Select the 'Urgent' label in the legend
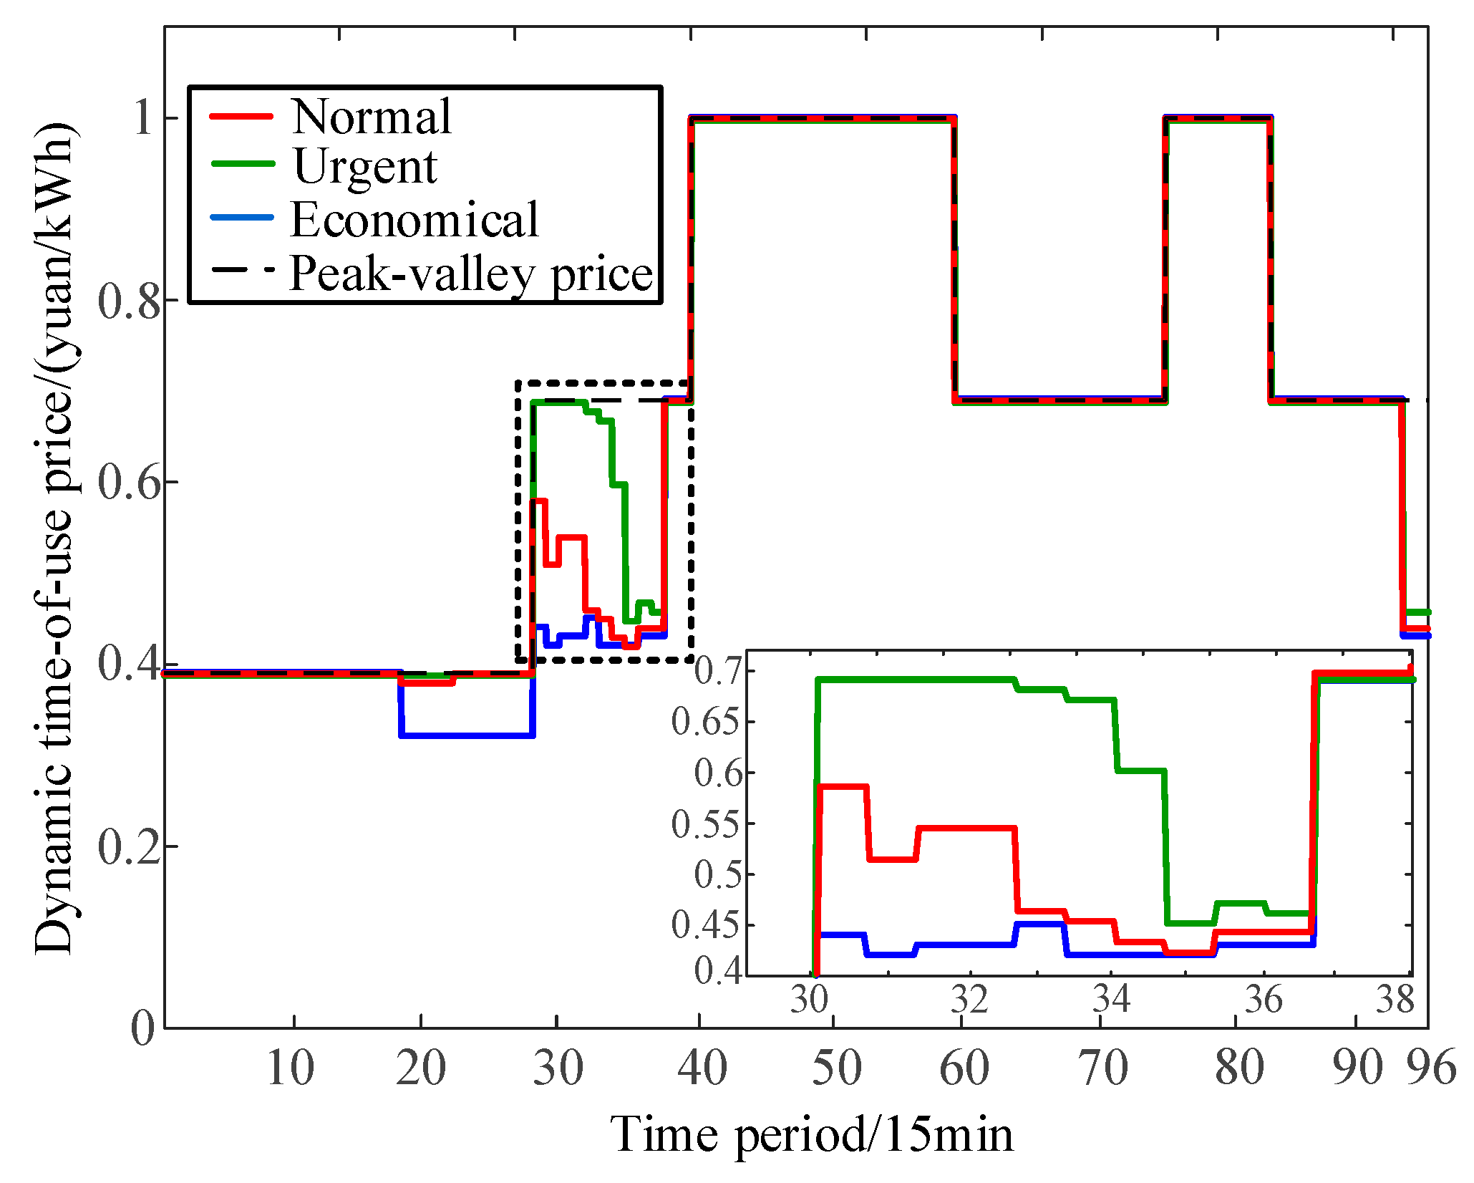click(x=365, y=167)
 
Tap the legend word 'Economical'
click(x=414, y=219)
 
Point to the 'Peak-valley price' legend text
click(x=471, y=274)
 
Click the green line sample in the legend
click(x=243, y=164)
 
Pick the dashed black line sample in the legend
click(x=243, y=271)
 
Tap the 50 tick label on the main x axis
click(x=836, y=1068)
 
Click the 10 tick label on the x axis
click(x=290, y=1068)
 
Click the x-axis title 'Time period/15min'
click(x=813, y=1136)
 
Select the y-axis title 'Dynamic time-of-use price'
click(x=56, y=537)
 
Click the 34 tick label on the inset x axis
click(x=1111, y=998)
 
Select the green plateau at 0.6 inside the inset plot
click(x=1140, y=771)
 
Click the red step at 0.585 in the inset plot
click(x=843, y=786)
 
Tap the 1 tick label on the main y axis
click(x=143, y=118)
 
